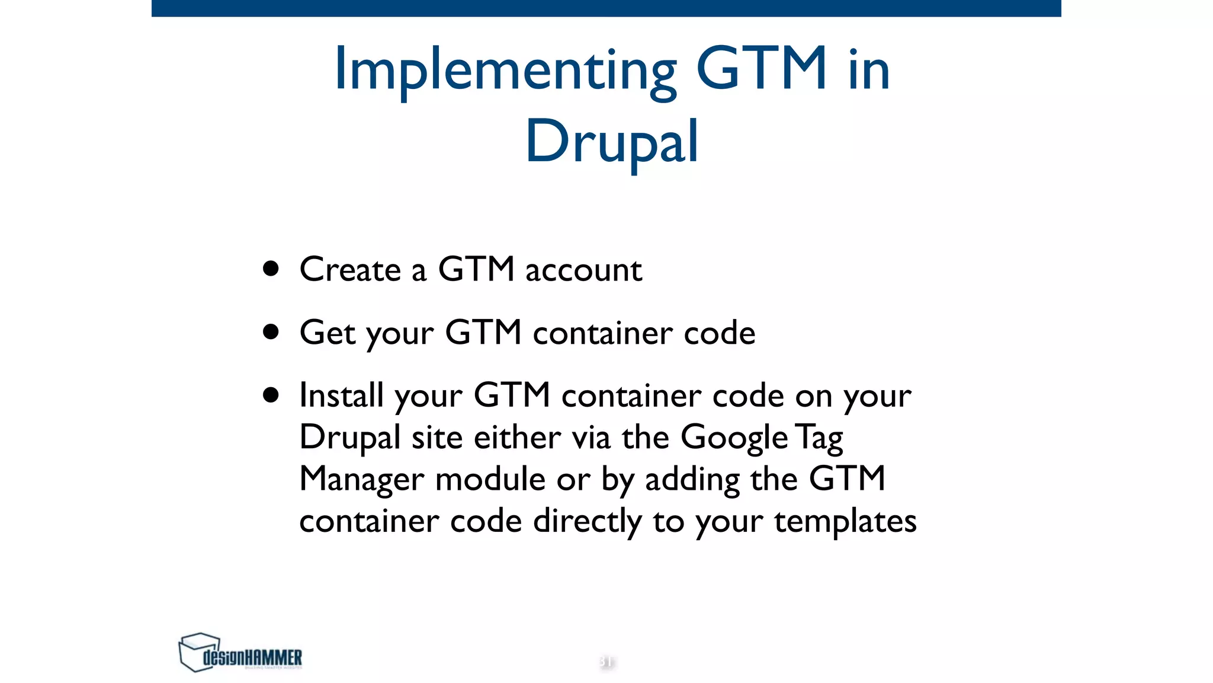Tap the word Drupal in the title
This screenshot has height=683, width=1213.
click(x=612, y=142)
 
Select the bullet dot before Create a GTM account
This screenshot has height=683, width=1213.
click(x=271, y=269)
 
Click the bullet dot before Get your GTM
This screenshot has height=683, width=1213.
click(x=271, y=332)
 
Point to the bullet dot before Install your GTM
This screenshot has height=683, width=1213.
click(x=271, y=395)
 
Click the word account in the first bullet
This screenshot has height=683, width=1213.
click(x=583, y=271)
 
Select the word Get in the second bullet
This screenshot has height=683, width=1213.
click(x=327, y=333)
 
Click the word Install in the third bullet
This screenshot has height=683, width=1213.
click(x=341, y=395)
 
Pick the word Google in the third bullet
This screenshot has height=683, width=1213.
click(x=734, y=439)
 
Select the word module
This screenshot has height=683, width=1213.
click(x=490, y=479)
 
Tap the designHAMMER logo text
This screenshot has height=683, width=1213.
click(x=252, y=658)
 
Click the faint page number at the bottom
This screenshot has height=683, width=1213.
click(x=606, y=661)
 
